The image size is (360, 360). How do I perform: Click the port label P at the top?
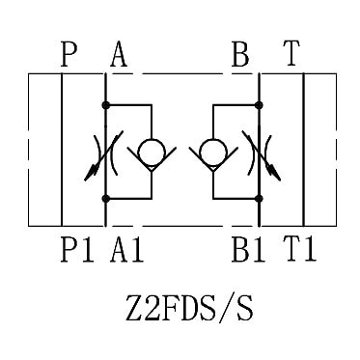[x=69, y=55]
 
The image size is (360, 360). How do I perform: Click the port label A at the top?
[x=119, y=55]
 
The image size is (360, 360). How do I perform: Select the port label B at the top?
[x=240, y=55]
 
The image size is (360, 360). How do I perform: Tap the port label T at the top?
[x=291, y=54]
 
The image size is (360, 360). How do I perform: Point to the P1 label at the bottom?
[x=77, y=249]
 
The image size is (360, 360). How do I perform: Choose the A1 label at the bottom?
[x=126, y=249]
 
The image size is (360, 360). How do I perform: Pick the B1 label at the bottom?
[x=248, y=249]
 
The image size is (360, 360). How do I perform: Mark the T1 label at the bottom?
[x=300, y=249]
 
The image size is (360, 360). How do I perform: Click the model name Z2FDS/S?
[x=189, y=309]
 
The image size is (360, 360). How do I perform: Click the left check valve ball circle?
[x=152, y=152]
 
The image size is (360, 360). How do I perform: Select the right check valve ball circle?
[x=213, y=152]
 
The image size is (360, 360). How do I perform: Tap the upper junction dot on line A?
[x=105, y=105]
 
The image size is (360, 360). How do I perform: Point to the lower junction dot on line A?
[x=105, y=199]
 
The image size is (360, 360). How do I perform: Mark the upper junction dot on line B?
[x=259, y=105]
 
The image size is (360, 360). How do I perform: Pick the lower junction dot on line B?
[x=259, y=199]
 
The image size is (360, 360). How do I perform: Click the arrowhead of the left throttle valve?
[x=91, y=173]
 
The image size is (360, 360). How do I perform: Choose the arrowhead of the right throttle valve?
[x=274, y=173]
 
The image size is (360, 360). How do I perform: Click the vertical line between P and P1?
[x=62, y=150]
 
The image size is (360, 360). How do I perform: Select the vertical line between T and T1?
[x=303, y=150]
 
